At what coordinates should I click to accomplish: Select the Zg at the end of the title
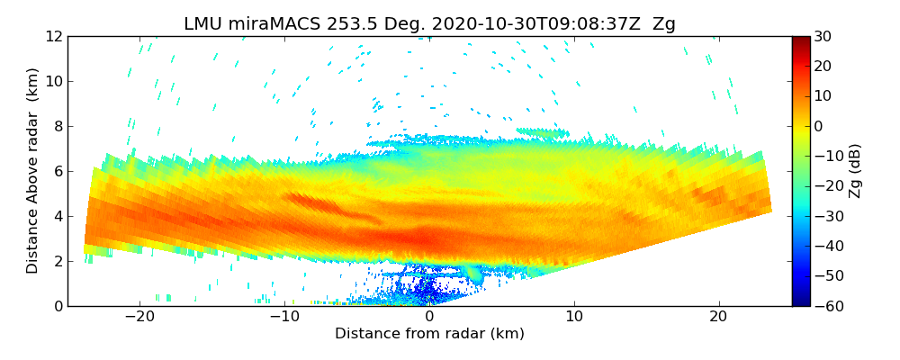(x=664, y=24)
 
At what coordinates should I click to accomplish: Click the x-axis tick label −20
(x=139, y=317)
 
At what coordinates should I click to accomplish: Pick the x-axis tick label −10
(x=284, y=317)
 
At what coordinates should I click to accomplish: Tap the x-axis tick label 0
(x=429, y=317)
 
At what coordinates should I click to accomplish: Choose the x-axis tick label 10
(x=574, y=317)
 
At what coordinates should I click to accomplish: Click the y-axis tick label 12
(x=55, y=36)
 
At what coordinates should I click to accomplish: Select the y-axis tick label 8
(x=58, y=126)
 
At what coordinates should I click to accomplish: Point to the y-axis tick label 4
(x=58, y=216)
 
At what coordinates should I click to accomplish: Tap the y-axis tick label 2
(x=58, y=261)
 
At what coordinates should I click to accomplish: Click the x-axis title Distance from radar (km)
(x=429, y=334)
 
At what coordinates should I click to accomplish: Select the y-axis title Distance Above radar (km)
(x=32, y=171)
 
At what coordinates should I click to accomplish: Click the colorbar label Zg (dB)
(x=855, y=171)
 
